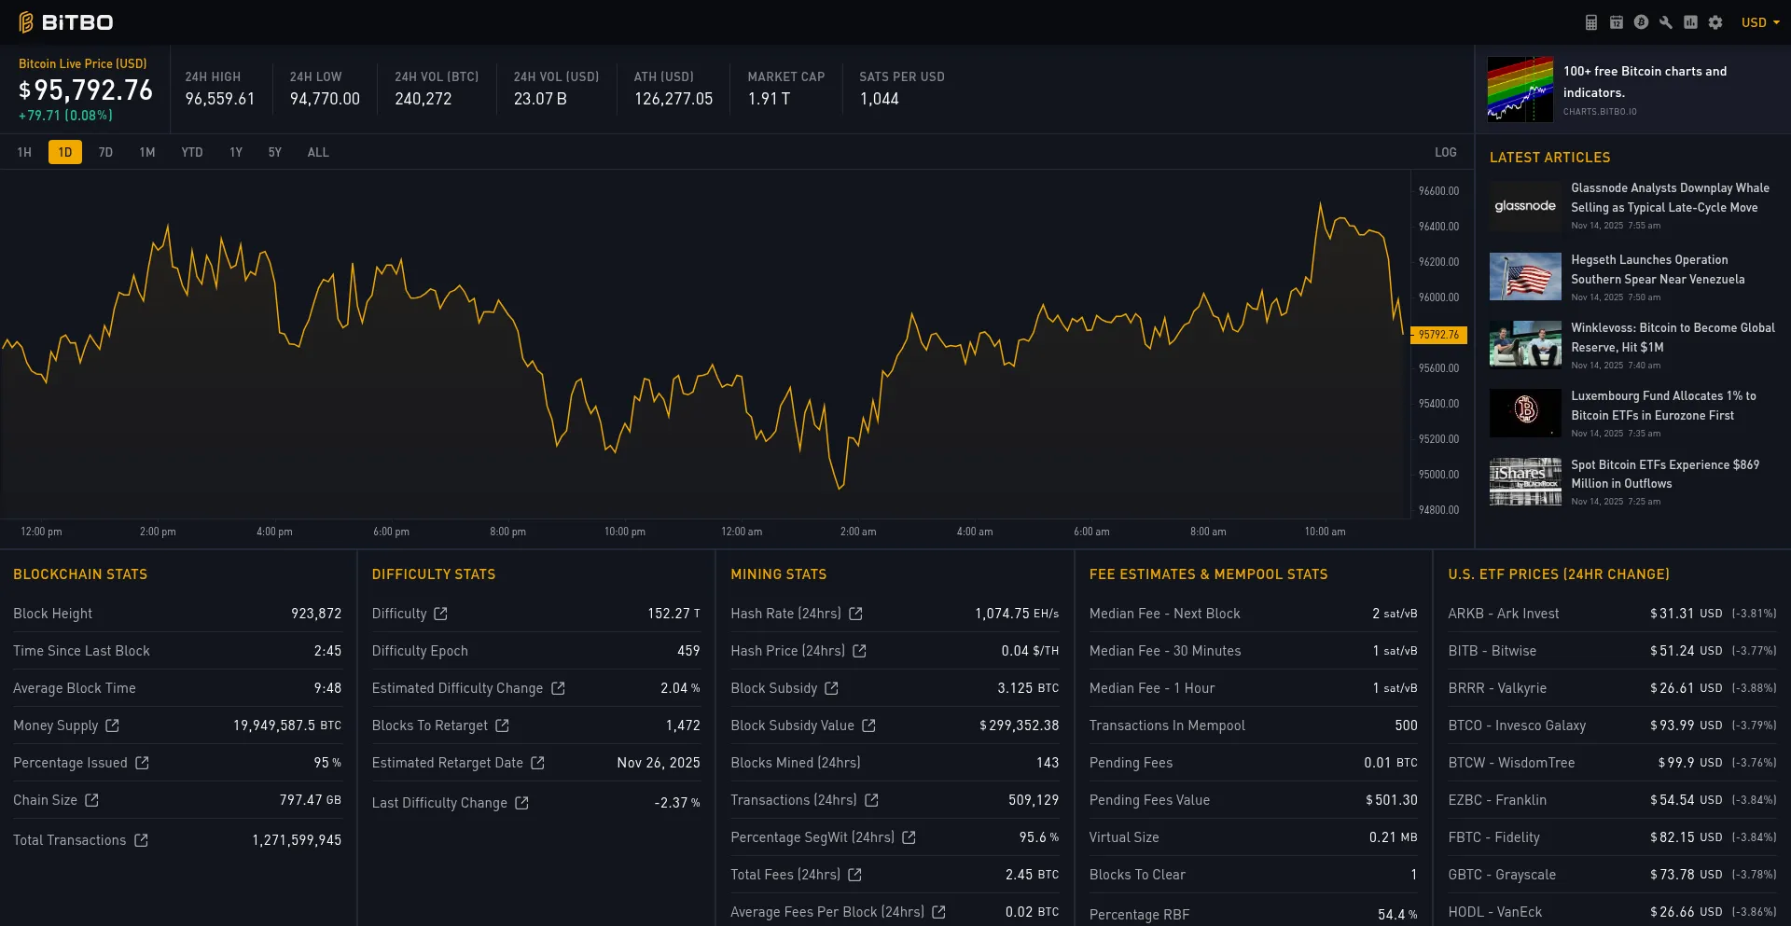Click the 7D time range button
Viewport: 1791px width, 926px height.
pos(105,152)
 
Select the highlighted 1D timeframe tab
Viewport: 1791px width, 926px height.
pos(64,152)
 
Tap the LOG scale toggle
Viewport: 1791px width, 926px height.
pos(1445,152)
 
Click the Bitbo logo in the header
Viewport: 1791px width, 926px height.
pos(65,22)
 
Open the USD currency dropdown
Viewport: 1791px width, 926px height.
pos(1759,22)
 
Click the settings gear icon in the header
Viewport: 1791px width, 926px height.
pos(1715,22)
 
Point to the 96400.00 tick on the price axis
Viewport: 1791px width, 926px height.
pos(1438,227)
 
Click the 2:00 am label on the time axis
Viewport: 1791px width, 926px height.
pos(857,532)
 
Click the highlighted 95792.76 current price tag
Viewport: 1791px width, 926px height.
pos(1438,335)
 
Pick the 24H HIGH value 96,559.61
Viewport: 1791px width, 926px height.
pos(219,99)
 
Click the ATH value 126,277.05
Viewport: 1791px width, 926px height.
pos(673,99)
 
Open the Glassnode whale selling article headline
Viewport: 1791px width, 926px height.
pos(1669,198)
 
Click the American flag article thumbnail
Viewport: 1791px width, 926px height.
pos(1524,277)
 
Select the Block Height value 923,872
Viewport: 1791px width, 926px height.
pos(315,614)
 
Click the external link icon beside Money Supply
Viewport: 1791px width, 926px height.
pos(113,726)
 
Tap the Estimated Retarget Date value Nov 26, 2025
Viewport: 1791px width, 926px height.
pos(658,763)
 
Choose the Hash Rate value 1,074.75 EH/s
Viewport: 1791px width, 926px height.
pos(1016,614)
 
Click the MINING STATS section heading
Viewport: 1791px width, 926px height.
pos(778,574)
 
